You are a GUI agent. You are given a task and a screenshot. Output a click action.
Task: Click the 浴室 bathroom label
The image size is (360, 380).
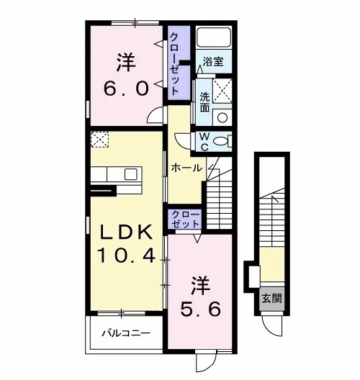click(213, 62)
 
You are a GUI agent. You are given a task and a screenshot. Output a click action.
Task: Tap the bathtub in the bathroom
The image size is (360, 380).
click(213, 37)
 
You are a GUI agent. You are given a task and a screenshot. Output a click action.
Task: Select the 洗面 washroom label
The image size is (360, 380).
click(205, 102)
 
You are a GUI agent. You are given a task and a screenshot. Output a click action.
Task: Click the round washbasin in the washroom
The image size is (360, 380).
click(222, 117)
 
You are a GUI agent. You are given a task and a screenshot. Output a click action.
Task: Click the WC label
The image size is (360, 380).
click(205, 142)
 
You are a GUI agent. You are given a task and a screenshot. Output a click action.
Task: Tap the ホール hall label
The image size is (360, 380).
click(186, 168)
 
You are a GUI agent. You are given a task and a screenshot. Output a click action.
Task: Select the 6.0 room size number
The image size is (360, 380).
click(126, 89)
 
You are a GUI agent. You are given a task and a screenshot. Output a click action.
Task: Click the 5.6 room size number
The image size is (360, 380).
click(200, 309)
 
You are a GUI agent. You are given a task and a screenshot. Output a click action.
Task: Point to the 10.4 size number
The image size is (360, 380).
click(126, 256)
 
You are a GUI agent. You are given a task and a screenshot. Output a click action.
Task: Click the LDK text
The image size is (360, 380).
click(126, 232)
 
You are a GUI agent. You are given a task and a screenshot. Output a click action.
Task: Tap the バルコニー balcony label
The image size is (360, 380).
click(126, 333)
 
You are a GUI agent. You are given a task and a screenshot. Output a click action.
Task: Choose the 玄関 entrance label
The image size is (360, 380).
click(271, 299)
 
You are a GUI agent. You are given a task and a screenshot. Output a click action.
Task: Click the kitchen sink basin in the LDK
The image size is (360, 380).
click(130, 174)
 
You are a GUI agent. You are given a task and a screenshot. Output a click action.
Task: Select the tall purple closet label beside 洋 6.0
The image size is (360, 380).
click(175, 64)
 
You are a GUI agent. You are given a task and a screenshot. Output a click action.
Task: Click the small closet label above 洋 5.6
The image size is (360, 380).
click(186, 220)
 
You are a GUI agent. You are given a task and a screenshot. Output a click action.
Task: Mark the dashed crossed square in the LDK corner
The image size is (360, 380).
click(99, 139)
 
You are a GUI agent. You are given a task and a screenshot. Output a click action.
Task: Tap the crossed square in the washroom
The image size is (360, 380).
click(222, 91)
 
